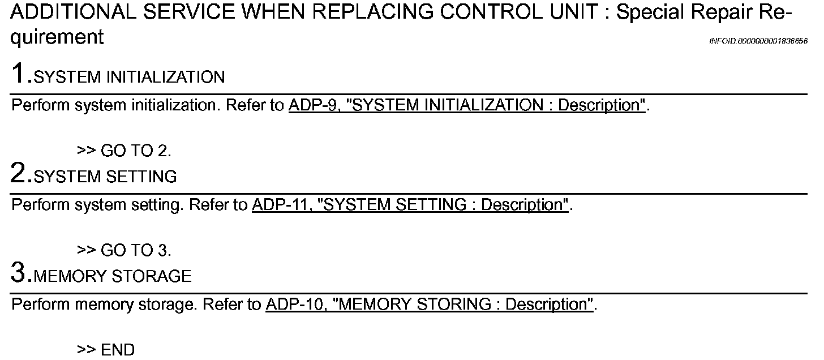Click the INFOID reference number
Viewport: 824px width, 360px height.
758,41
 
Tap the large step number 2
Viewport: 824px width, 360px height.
19,174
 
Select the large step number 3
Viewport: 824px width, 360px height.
19,273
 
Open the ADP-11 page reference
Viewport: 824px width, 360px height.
274,205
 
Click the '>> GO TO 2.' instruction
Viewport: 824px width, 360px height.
124,151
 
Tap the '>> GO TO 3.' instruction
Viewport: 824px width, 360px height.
124,250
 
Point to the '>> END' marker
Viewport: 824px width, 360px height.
106,350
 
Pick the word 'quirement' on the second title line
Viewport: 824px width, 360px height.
57,37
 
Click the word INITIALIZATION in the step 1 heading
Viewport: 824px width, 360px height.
165,78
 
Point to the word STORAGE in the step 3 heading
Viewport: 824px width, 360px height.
152,277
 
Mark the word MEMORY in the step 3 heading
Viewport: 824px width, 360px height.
70,277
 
